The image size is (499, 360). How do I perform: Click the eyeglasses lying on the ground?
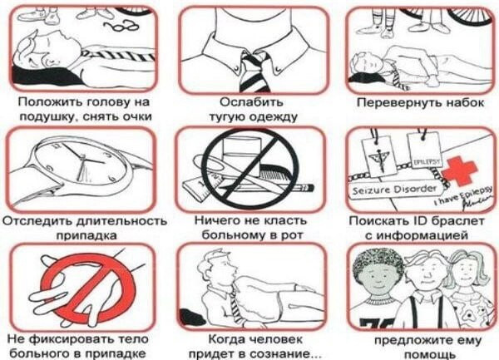pyautogui.click(x=123, y=25)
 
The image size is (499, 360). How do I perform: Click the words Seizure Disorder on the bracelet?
pyautogui.click(x=394, y=190)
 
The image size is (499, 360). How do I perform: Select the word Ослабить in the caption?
pyautogui.click(x=251, y=102)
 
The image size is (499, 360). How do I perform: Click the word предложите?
pyautogui.click(x=414, y=341)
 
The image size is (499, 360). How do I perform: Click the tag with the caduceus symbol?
pyautogui.click(x=380, y=155)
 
